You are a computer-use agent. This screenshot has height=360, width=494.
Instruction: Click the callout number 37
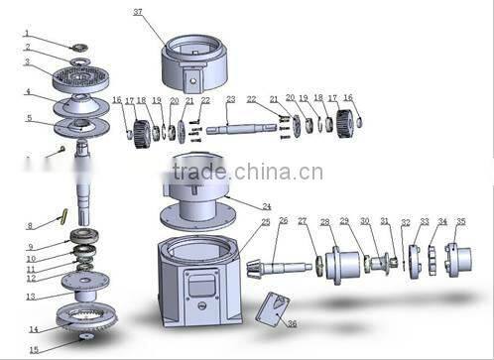click(x=137, y=12)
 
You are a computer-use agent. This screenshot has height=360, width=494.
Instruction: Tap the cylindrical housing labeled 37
click(x=198, y=60)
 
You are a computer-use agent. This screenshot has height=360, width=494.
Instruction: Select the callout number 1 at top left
click(x=27, y=33)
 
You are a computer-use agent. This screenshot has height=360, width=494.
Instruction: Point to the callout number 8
click(x=30, y=225)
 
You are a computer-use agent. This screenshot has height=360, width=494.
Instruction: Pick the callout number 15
click(x=34, y=349)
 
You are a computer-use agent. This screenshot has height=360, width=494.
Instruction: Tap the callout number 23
click(x=230, y=99)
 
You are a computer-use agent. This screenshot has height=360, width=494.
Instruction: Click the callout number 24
click(x=266, y=206)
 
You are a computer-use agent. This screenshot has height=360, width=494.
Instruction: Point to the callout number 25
click(x=265, y=222)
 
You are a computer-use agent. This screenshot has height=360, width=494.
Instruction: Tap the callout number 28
click(x=325, y=222)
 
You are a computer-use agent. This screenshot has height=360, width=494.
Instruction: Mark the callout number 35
click(x=459, y=222)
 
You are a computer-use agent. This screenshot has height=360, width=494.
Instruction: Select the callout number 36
click(x=291, y=323)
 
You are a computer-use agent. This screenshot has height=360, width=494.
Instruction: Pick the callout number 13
click(x=32, y=296)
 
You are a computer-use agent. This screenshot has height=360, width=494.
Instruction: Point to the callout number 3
click(x=27, y=61)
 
